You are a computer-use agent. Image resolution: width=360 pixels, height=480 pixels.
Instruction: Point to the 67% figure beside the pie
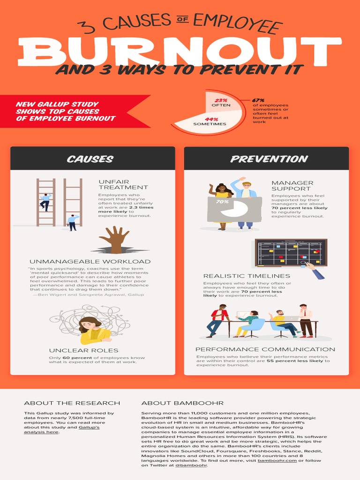tap(258, 100)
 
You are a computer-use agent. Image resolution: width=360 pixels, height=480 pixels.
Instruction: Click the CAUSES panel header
tap(90, 159)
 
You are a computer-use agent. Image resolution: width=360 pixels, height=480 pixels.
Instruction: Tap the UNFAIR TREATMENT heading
tap(123, 184)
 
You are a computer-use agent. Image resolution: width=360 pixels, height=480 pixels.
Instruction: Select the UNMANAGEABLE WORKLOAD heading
tap(90, 262)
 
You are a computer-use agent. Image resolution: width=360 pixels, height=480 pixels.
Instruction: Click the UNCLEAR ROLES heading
tap(83, 350)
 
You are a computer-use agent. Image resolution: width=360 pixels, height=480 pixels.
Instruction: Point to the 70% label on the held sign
tap(222, 202)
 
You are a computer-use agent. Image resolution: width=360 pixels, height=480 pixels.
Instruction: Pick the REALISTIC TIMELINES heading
tap(247, 276)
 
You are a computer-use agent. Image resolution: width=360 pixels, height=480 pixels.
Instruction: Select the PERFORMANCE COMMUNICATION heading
tap(265, 349)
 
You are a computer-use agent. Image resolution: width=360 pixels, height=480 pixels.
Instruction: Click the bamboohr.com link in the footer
tap(271, 461)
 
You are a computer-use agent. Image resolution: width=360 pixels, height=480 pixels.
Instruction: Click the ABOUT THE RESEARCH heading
tap(72, 403)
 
